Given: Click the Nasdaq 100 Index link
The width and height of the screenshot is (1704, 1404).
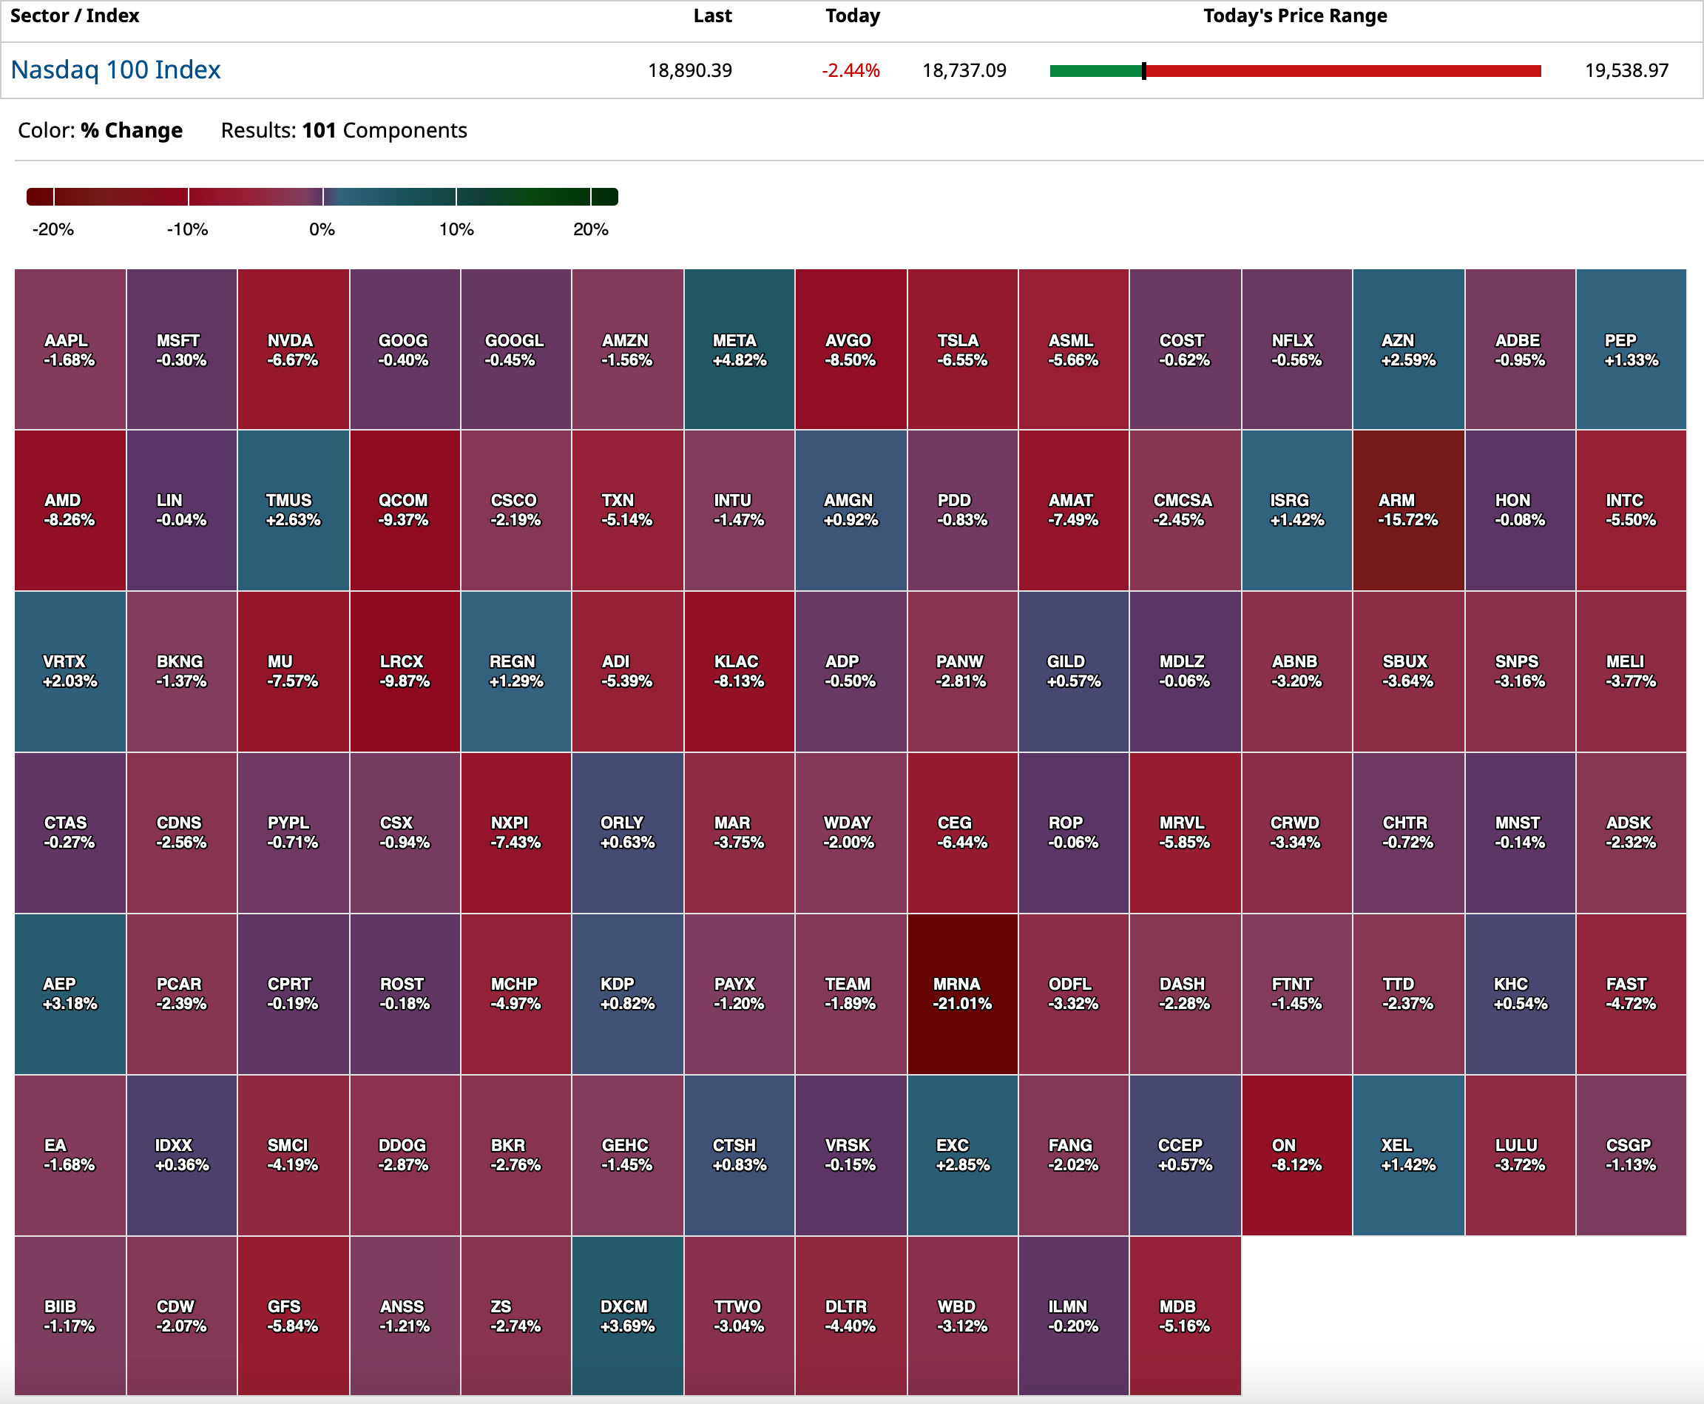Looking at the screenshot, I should [115, 70].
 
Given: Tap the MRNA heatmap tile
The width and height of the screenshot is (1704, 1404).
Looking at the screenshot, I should [961, 994].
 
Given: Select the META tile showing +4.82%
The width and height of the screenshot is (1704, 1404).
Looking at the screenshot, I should [738, 349].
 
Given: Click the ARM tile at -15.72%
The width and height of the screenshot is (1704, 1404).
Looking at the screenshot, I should [1407, 510].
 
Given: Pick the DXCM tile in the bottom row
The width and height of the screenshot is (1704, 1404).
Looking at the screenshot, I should [626, 1316].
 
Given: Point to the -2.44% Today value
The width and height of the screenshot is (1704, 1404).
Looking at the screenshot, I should [850, 71].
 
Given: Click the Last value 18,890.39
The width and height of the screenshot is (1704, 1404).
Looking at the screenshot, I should [689, 71].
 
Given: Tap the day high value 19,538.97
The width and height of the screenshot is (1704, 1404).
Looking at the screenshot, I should [1626, 71].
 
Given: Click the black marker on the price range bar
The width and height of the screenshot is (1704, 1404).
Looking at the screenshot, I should [1143, 71].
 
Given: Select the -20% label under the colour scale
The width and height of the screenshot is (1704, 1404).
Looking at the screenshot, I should [53, 230].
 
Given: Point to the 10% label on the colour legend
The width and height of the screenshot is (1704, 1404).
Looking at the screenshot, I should [456, 230].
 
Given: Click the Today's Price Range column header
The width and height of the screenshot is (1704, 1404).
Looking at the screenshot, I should [1294, 16].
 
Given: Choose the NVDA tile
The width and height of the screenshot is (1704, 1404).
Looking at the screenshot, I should [293, 349].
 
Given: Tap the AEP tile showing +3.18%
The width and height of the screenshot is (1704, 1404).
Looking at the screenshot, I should [70, 994].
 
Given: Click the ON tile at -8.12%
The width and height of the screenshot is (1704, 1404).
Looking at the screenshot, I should [1296, 1155].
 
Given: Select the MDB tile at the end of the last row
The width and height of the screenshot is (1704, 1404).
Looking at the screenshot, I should [1184, 1316].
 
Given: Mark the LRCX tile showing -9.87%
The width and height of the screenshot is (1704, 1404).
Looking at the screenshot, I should [405, 671].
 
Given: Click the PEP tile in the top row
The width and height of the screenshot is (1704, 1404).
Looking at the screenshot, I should [1630, 349].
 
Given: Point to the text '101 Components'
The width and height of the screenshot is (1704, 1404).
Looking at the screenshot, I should [384, 131].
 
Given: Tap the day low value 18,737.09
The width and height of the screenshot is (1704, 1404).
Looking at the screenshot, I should [964, 71].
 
